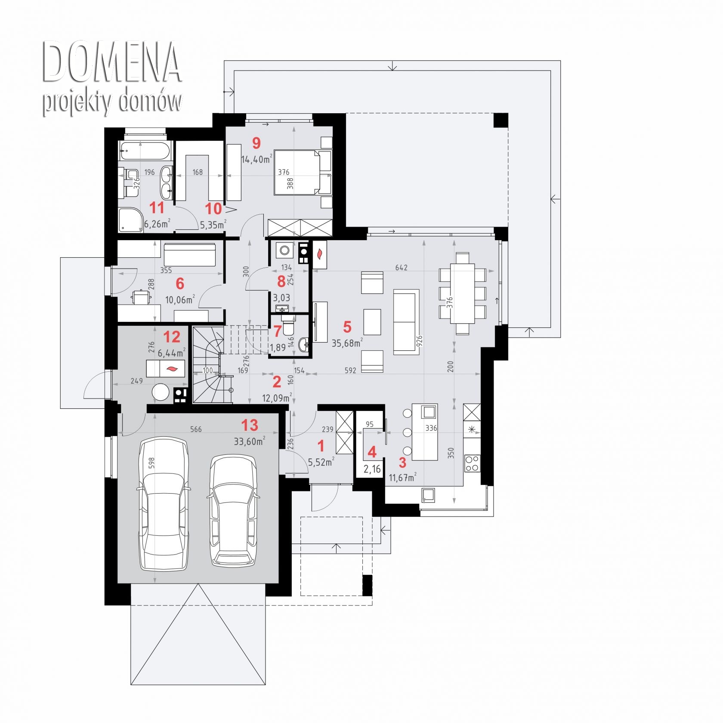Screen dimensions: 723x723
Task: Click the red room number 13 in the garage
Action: pyautogui.click(x=250, y=425)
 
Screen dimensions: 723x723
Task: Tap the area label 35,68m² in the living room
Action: pyautogui.click(x=347, y=343)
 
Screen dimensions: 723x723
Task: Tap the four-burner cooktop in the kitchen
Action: pyautogui.click(x=472, y=463)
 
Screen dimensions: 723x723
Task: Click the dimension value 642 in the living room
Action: pyautogui.click(x=401, y=268)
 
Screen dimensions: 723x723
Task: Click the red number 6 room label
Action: pyautogui.click(x=180, y=284)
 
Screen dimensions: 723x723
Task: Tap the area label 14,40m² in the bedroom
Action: pyautogui.click(x=256, y=159)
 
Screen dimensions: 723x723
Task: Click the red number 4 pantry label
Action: pyautogui.click(x=372, y=452)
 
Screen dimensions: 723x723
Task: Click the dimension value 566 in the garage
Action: pyautogui.click(x=196, y=429)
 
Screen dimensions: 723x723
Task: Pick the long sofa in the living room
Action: pyautogui.click(x=406, y=322)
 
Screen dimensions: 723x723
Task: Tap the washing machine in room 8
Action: pyautogui.click(x=284, y=250)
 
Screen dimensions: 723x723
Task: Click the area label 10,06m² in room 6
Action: pyautogui.click(x=180, y=299)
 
